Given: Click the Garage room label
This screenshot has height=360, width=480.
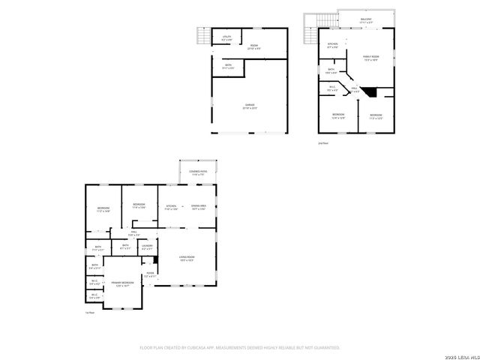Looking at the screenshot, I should [x=249, y=106].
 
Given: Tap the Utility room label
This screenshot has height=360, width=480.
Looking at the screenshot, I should [x=226, y=37].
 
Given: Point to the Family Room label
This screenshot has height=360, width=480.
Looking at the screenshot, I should [x=370, y=58].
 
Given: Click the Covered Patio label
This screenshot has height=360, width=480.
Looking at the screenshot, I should [x=199, y=173].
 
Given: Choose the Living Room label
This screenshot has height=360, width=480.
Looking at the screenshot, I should [x=186, y=259].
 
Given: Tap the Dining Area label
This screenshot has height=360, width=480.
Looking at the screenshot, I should [x=199, y=207].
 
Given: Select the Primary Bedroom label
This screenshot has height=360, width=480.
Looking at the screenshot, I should [x=121, y=283].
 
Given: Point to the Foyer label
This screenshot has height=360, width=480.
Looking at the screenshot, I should [x=150, y=274].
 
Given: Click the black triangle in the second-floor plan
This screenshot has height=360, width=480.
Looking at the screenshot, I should [x=368, y=91].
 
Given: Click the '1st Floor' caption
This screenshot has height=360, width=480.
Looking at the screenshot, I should [x=89, y=313].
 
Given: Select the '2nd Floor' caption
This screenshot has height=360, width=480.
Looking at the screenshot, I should [x=323, y=142].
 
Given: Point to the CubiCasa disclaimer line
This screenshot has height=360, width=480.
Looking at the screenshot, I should [x=240, y=348].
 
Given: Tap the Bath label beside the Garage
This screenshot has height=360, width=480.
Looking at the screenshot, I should [x=229, y=66].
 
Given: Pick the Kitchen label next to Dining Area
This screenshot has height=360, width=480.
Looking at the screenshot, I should [x=171, y=207].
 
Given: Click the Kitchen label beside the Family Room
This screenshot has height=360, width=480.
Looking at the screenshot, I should [x=332, y=44].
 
